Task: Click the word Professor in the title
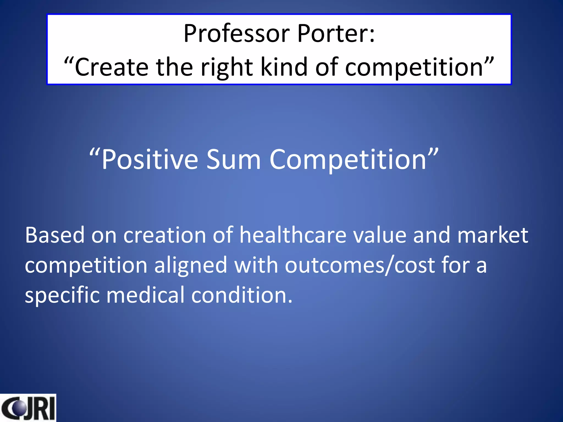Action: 237,34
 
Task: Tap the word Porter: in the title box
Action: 336,34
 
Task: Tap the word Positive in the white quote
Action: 150,160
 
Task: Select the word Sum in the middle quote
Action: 233,160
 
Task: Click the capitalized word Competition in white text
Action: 348,160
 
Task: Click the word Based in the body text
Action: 55,235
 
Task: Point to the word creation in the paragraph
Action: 165,235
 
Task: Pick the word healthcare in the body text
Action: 292,235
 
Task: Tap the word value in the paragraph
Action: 380,235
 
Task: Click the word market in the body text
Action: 492,235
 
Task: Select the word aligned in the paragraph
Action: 191,265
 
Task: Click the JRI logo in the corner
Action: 28,408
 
